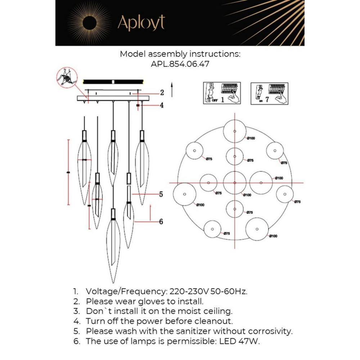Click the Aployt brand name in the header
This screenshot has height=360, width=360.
pos(141,23)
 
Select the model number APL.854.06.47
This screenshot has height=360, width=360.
pos(180,64)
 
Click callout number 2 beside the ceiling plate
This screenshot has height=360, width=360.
pos(162,93)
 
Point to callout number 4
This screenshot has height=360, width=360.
pos(162,105)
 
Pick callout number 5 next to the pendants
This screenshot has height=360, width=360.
pos(161,194)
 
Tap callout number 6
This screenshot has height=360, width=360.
pos(161,221)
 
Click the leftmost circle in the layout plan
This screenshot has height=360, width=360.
pos(184,194)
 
